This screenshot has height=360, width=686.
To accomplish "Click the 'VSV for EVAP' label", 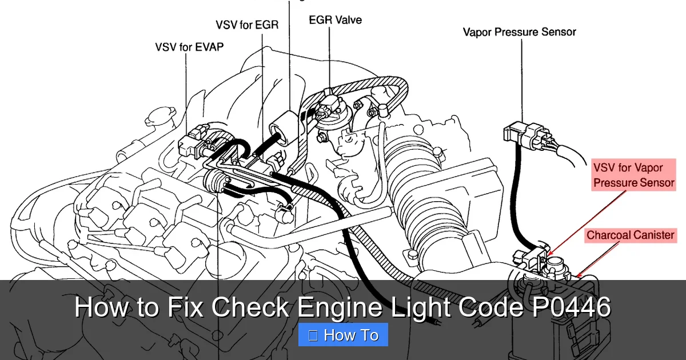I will point(189,47).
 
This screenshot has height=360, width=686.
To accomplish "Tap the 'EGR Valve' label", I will point(335,20).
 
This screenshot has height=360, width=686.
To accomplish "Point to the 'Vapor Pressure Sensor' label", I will point(519,32).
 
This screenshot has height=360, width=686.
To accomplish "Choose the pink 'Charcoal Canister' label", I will point(630,235).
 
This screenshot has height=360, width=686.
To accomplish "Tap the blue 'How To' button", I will point(343,335).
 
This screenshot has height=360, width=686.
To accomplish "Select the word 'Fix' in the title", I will point(186,307).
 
